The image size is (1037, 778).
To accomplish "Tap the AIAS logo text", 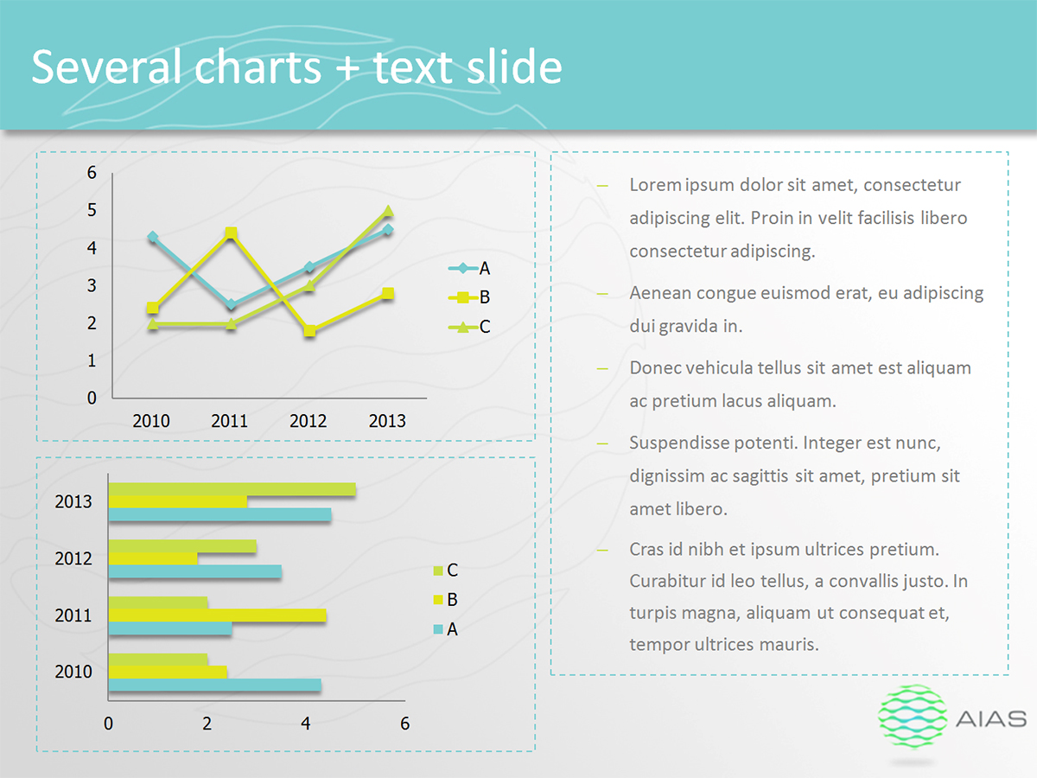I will point(991,718).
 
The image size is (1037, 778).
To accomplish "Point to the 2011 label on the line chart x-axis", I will point(229,421).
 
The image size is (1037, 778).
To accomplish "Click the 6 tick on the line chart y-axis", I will point(92,173).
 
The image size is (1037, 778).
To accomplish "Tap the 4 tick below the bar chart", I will point(306,724).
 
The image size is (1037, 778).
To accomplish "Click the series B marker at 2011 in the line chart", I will point(231,233).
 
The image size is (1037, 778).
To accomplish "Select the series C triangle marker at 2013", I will point(388,211).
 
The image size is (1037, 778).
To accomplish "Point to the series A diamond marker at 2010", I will point(153,237).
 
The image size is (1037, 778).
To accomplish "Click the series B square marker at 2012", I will point(310,330).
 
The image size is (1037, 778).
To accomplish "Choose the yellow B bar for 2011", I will point(217,615).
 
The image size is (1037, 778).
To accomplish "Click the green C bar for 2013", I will point(232,489).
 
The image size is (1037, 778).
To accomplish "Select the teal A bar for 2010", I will point(214,686).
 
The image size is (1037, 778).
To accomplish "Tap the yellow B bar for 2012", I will point(153,558).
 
